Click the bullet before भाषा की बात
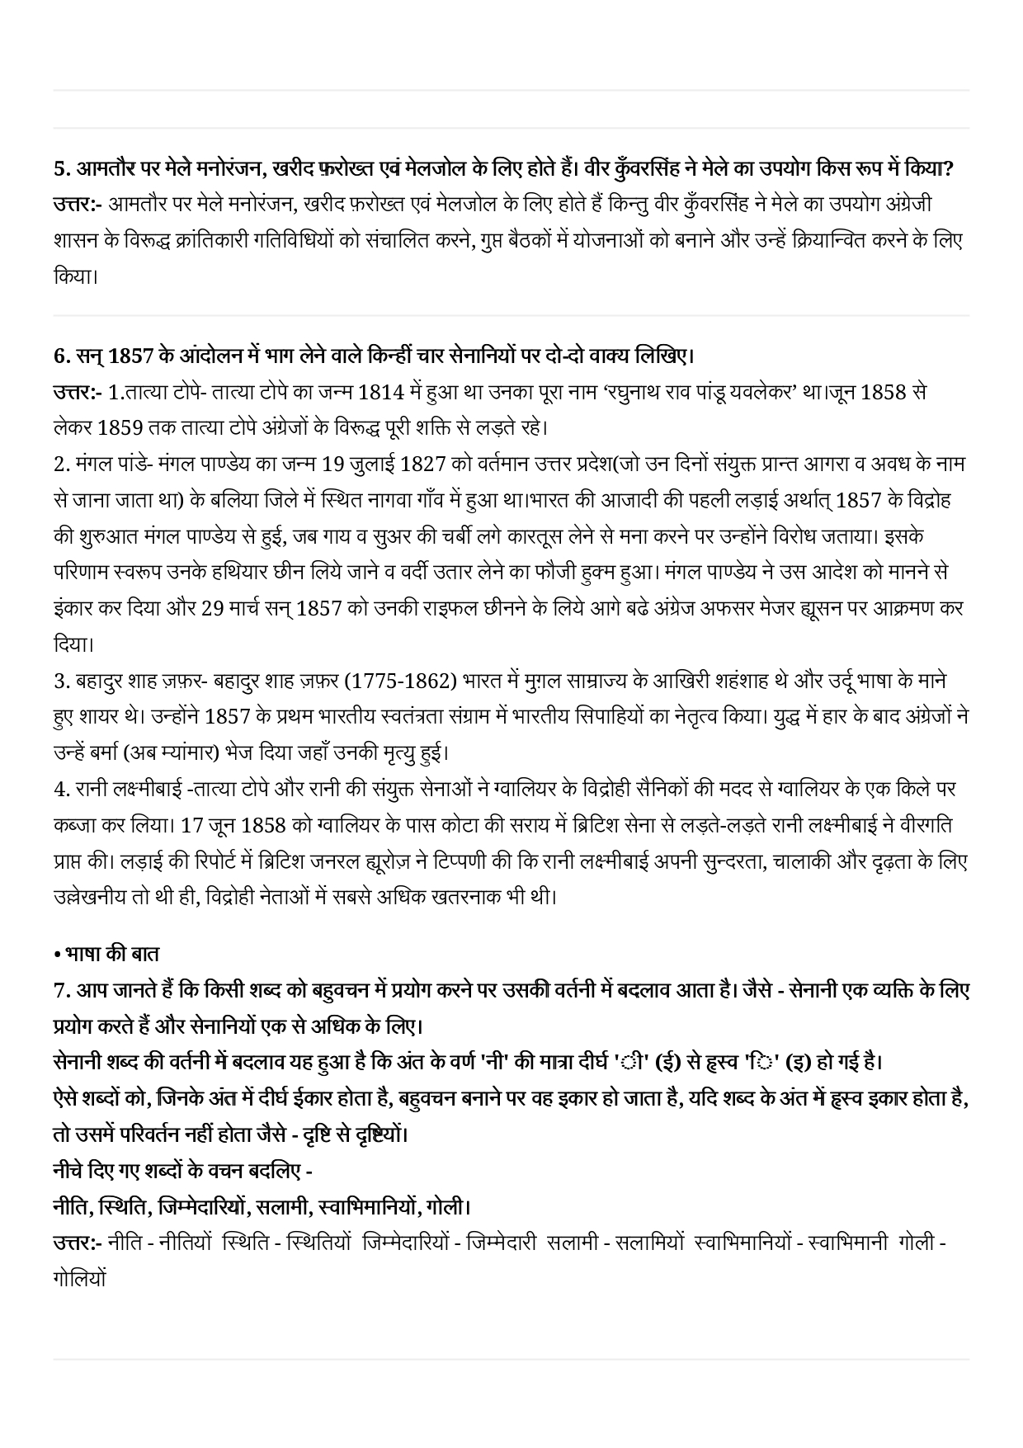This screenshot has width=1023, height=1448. (56, 954)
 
